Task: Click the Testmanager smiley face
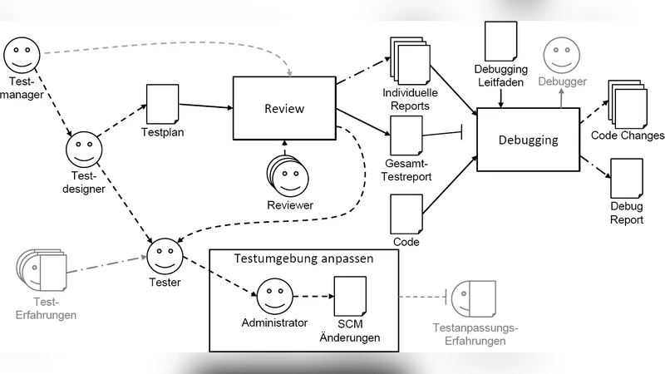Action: point(22,56)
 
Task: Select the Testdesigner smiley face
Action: point(83,152)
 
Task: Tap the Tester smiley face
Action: point(164,254)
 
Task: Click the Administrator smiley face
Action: point(274,296)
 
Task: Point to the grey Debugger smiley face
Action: point(562,57)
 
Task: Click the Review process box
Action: point(284,109)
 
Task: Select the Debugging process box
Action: point(528,139)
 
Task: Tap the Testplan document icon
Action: point(163,104)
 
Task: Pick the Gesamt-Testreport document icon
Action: point(406,134)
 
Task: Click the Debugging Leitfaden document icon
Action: point(501,42)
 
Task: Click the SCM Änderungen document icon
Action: point(349,296)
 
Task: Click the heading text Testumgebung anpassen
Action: point(304,258)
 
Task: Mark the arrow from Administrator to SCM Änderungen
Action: point(312,296)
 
